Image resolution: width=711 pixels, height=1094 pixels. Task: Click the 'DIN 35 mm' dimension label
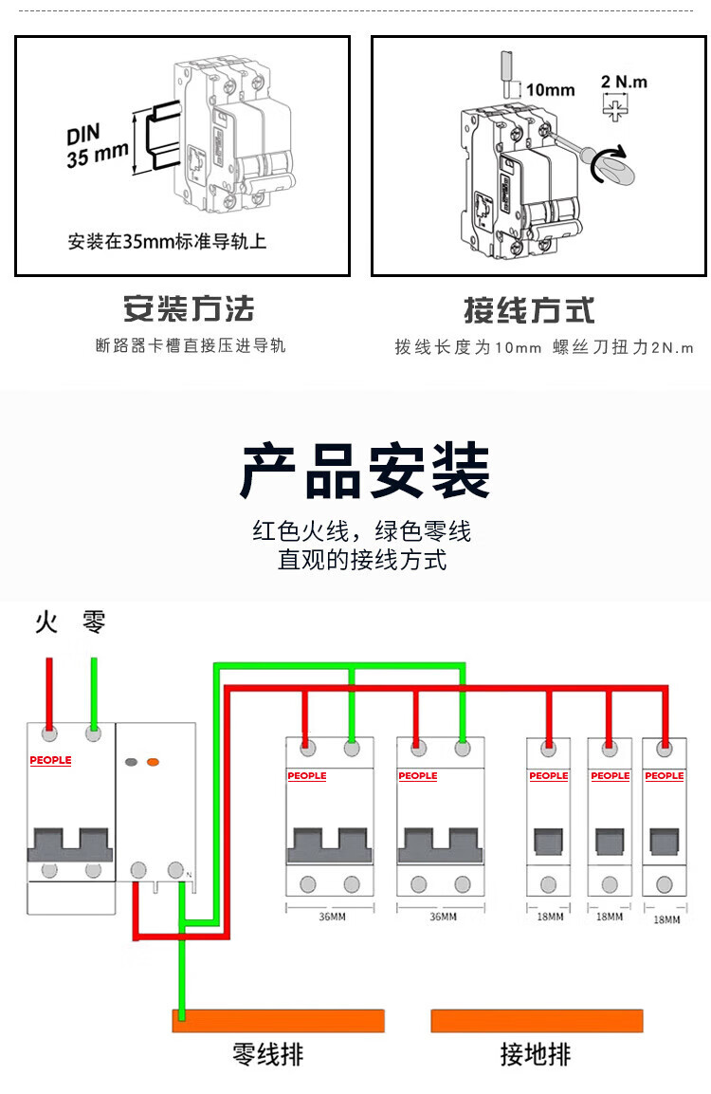pyautogui.click(x=97, y=144)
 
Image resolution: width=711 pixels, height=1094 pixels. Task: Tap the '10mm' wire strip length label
pyautogui.click(x=550, y=90)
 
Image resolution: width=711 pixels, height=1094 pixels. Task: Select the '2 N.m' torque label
pyautogui.click(x=624, y=82)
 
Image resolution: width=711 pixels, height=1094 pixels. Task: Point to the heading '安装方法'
pyautogui.click(x=189, y=308)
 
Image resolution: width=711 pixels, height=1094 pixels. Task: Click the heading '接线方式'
pyautogui.click(x=529, y=309)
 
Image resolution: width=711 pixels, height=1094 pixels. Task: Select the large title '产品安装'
pyautogui.click(x=365, y=472)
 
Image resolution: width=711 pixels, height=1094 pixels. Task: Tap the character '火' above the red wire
pyautogui.click(x=46, y=622)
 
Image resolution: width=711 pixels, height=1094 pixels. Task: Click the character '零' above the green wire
pyautogui.click(x=94, y=622)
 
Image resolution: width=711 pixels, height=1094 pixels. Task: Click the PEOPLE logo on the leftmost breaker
pyautogui.click(x=50, y=760)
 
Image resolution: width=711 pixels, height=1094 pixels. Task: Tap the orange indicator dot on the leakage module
pyautogui.click(x=154, y=762)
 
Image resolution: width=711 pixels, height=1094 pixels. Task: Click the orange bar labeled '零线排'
pyautogui.click(x=279, y=1020)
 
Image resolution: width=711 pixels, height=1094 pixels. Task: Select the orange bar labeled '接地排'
pyautogui.click(x=538, y=1020)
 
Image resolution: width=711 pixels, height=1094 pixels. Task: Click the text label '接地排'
pyautogui.click(x=536, y=1054)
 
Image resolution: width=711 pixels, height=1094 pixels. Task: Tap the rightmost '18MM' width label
pyautogui.click(x=666, y=918)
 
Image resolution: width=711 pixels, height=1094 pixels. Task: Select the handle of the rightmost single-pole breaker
pyautogui.click(x=664, y=842)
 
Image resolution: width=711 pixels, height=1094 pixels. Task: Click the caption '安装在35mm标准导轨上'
pyautogui.click(x=167, y=241)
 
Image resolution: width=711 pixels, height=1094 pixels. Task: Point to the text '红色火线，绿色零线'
pyautogui.click(x=361, y=531)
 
